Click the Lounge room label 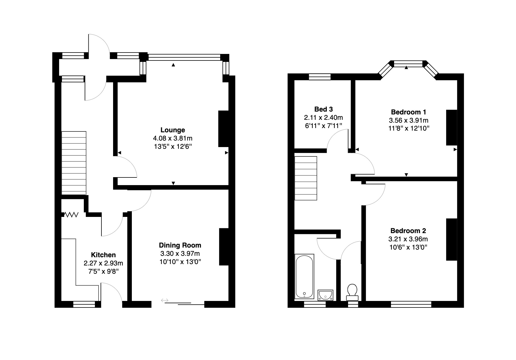point(172,130)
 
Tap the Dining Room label point(180,245)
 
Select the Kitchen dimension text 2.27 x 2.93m point(103,263)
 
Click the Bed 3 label point(323,109)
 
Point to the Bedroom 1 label point(408,112)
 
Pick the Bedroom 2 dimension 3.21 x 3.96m point(408,239)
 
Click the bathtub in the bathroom point(304,276)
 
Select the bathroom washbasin point(325,295)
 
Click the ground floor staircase point(74,163)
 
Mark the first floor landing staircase point(306,178)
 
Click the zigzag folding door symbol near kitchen point(71,215)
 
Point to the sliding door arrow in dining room point(165,300)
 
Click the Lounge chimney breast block point(223,129)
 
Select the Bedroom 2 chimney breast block point(451,239)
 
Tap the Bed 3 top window point(320,77)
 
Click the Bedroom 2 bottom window point(411,304)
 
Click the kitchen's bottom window point(84,304)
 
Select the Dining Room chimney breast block point(224,247)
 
